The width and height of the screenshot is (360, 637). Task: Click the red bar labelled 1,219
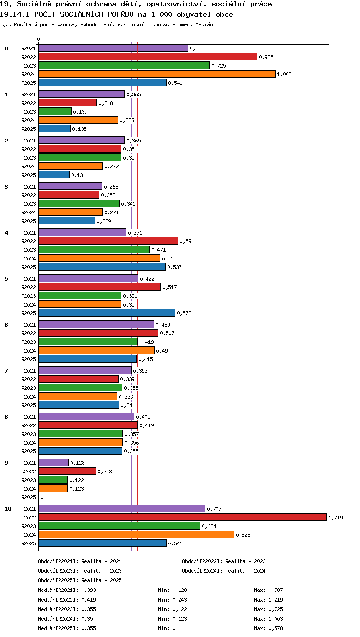(x=183, y=517)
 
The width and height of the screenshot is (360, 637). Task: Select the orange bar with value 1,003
(x=157, y=74)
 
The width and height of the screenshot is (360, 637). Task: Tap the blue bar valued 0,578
(x=107, y=313)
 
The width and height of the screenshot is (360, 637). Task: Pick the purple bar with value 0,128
(x=54, y=462)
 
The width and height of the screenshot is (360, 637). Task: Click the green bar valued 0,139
(x=55, y=111)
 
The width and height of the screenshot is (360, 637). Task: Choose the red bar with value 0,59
(x=108, y=241)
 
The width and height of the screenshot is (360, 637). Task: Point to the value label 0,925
(x=266, y=57)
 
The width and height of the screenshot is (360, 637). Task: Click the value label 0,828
(x=243, y=535)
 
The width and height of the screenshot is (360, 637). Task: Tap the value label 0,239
(x=104, y=221)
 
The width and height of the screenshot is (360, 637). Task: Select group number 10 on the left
(x=8, y=509)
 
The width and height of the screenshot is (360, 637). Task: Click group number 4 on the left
(x=6, y=233)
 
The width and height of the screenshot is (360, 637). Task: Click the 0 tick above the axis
(x=39, y=39)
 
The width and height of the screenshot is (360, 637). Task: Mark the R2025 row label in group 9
(x=28, y=497)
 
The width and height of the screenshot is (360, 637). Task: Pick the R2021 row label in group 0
(x=28, y=48)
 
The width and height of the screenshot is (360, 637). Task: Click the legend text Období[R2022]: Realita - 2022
(x=224, y=561)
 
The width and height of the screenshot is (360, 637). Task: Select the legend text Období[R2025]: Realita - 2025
(x=80, y=580)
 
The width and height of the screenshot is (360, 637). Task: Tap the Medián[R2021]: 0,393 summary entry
(x=67, y=590)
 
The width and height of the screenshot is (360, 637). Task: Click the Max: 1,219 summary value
(x=268, y=600)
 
